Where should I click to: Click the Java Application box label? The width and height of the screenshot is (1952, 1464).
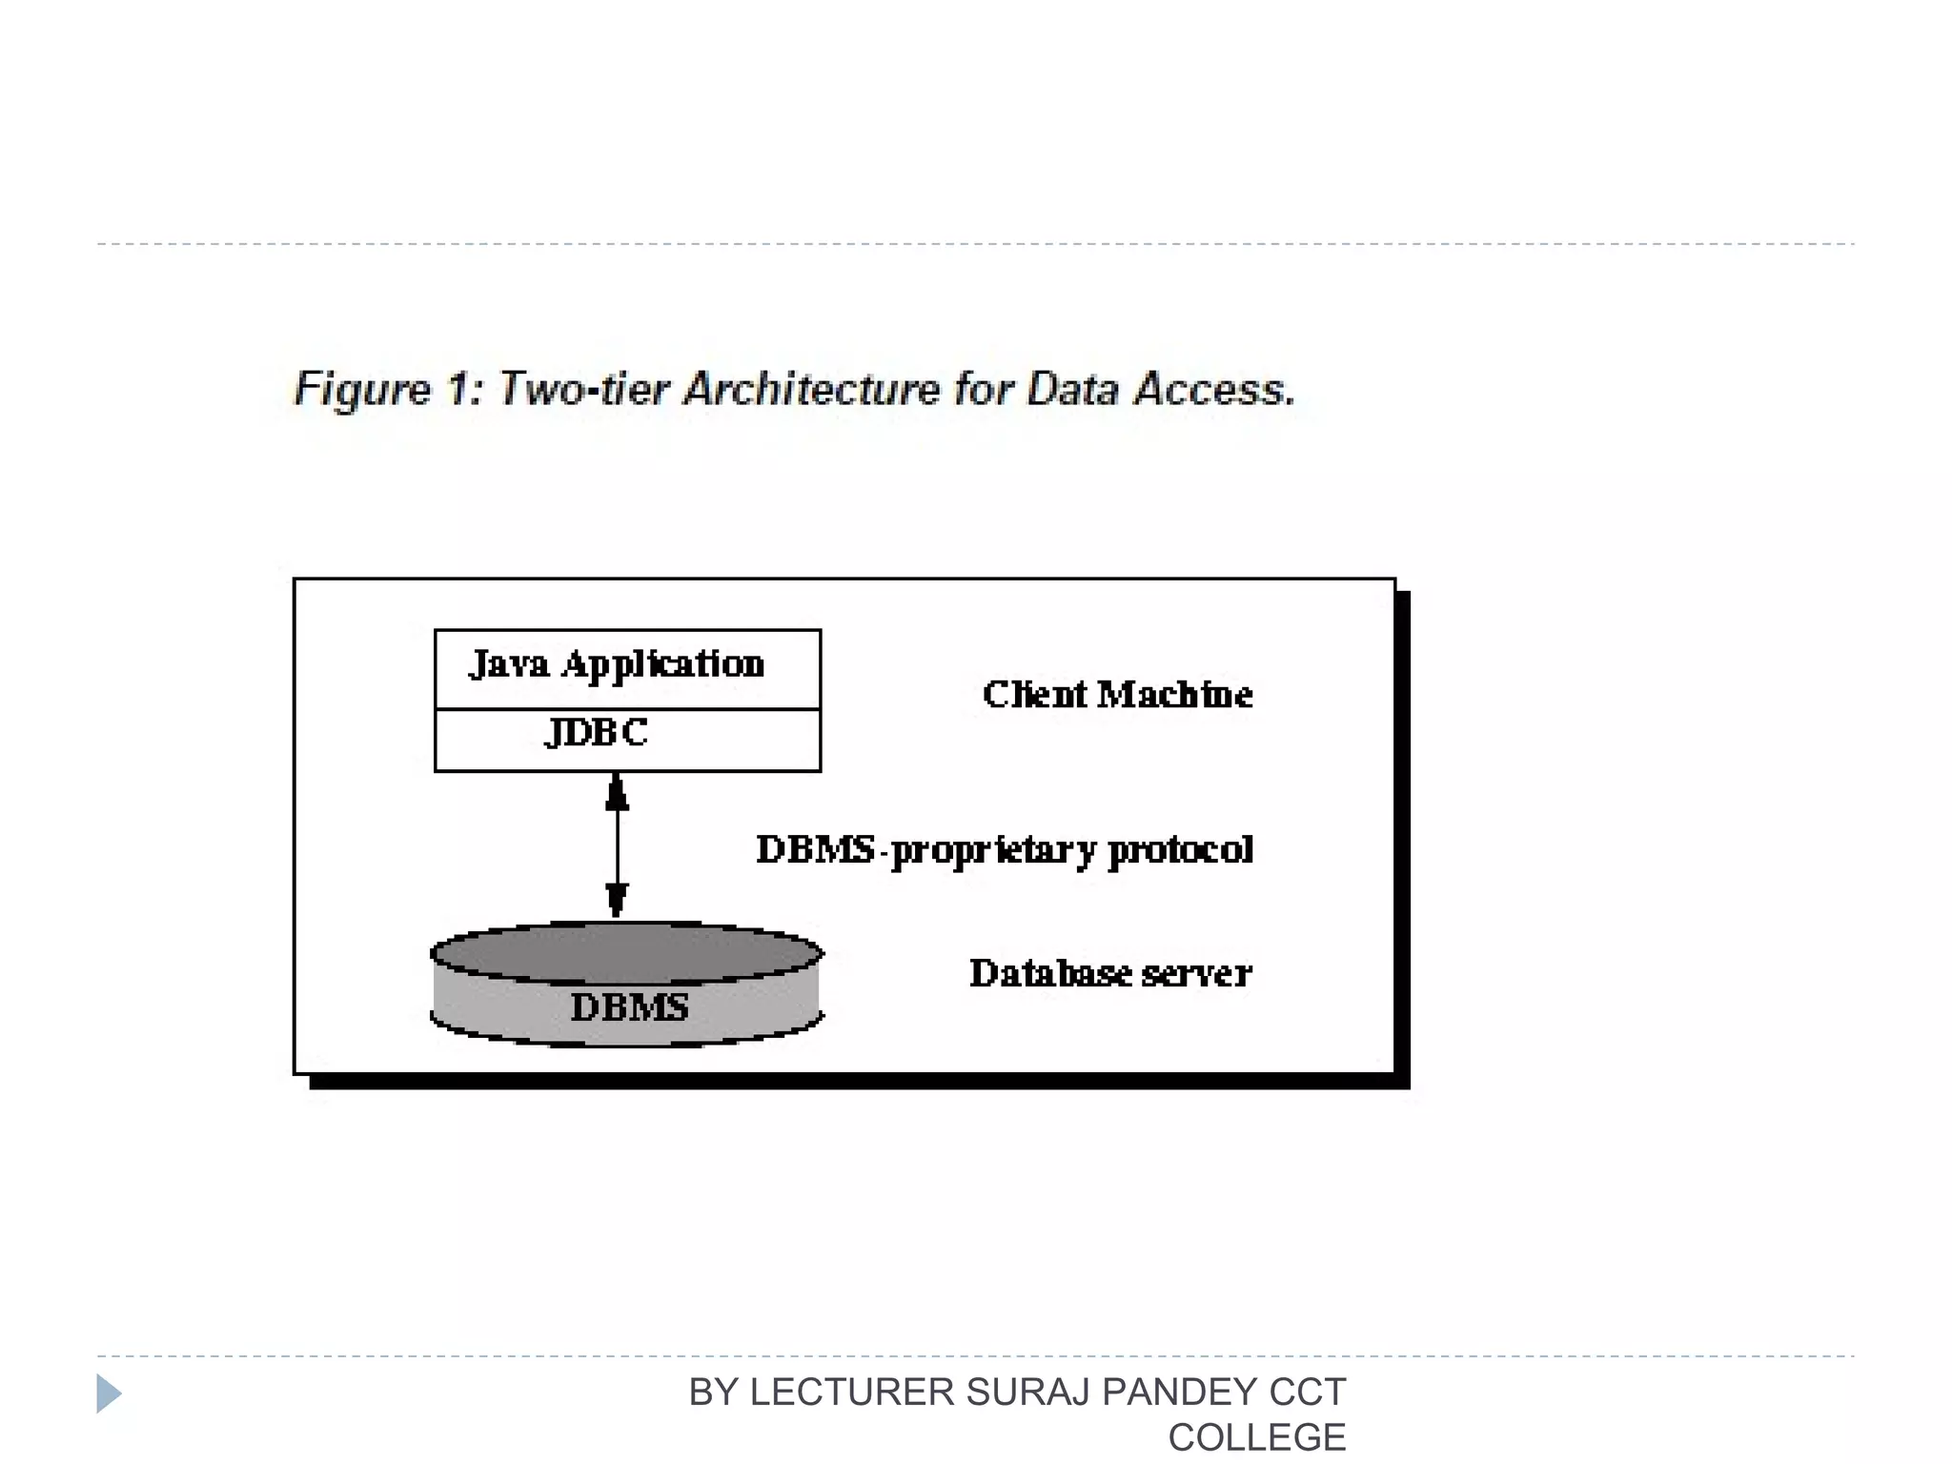point(617,664)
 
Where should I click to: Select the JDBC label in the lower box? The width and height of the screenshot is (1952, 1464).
point(597,732)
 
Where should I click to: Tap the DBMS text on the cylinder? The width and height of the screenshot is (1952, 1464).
point(629,1007)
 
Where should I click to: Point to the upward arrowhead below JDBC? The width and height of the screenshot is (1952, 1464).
point(617,792)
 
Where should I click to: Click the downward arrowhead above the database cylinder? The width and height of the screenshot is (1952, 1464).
point(617,899)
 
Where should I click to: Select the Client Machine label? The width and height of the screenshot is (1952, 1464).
point(1117,695)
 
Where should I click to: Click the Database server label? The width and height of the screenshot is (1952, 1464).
point(1110,973)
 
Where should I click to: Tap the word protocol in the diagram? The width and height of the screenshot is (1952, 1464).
point(1181,850)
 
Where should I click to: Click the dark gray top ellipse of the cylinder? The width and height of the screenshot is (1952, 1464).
point(626,951)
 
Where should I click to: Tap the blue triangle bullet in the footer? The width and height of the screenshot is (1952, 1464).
point(109,1393)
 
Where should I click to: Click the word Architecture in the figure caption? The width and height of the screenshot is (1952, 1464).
point(813,389)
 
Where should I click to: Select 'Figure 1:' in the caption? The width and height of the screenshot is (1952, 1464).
point(389,389)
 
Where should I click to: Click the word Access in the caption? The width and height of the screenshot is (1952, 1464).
point(1213,389)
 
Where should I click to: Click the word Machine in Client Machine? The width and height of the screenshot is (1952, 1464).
point(1174,695)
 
